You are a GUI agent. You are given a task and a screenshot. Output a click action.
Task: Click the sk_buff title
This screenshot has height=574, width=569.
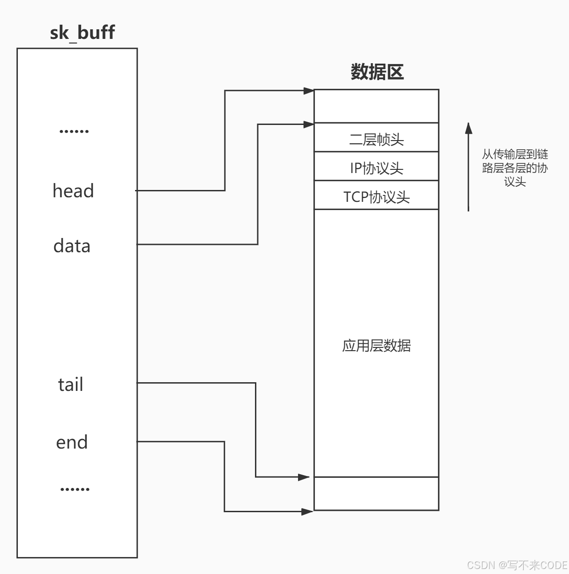click(82, 33)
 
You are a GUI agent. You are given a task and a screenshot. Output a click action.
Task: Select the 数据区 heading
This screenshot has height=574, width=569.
click(377, 72)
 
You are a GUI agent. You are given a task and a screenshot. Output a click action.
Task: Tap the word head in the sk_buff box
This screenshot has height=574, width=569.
click(73, 191)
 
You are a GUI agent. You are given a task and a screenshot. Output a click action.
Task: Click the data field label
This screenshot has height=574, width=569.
click(72, 246)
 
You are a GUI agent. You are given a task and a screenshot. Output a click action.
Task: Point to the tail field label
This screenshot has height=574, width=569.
click(70, 384)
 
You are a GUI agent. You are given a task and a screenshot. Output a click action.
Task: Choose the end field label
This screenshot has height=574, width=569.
click(72, 442)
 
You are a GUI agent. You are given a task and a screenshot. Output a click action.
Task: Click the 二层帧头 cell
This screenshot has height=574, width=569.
click(376, 139)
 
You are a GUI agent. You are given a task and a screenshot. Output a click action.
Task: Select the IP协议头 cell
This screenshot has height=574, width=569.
click(376, 168)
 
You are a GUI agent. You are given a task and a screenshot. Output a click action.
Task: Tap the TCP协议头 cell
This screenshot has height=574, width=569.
click(376, 196)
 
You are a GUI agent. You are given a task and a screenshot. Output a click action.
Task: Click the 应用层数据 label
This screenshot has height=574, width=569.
click(376, 345)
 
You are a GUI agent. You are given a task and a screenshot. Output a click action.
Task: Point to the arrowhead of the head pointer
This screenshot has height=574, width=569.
click(309, 91)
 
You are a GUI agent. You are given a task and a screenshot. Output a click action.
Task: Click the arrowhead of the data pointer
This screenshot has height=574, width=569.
click(309, 124)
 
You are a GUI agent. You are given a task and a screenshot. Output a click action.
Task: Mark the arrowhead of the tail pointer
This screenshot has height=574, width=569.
click(304, 477)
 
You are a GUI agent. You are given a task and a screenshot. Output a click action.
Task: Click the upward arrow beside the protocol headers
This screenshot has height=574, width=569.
click(468, 167)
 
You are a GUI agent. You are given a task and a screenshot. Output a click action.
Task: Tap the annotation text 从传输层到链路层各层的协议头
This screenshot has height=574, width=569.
click(515, 168)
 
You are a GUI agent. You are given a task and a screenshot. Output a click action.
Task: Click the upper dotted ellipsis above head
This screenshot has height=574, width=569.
click(74, 131)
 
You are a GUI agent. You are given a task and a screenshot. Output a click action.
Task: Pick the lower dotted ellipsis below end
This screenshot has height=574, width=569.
click(75, 489)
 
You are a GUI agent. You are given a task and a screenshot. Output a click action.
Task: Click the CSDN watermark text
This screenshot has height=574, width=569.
click(517, 565)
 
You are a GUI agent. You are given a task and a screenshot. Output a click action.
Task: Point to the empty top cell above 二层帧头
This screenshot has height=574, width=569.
click(376, 106)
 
